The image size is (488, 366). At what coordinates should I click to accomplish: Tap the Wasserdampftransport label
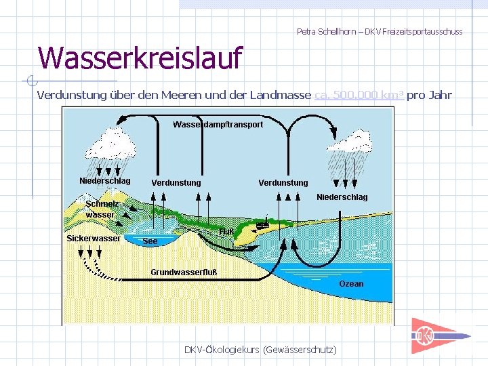(x=218, y=125)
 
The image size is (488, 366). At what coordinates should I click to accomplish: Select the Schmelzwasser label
(x=100, y=209)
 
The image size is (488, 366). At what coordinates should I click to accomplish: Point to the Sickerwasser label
(x=94, y=238)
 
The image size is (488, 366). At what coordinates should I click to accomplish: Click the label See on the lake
(x=150, y=241)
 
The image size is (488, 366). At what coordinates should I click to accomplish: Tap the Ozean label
(x=351, y=284)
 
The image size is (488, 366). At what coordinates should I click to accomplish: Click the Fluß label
(x=226, y=232)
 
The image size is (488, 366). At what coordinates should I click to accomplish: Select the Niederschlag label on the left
(x=105, y=181)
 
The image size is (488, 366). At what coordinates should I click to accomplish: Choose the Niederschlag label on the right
(x=342, y=197)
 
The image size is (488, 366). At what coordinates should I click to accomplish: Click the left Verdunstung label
(x=176, y=183)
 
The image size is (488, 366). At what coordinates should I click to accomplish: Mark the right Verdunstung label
(x=283, y=183)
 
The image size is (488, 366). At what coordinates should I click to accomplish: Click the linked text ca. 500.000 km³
(x=359, y=95)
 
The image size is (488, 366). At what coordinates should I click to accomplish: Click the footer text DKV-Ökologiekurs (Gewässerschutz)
(x=260, y=349)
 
